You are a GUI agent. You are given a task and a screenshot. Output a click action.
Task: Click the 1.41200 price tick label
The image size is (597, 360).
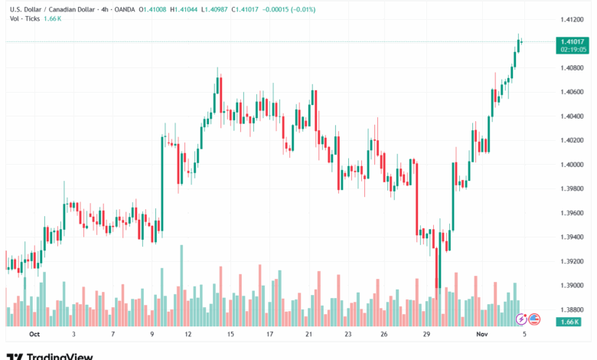(x=571, y=19)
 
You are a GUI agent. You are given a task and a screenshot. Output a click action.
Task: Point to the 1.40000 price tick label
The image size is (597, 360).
(x=571, y=165)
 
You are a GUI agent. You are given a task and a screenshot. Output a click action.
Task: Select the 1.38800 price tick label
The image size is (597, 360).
(x=571, y=309)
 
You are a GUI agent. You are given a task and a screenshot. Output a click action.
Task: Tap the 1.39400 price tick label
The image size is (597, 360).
(x=571, y=237)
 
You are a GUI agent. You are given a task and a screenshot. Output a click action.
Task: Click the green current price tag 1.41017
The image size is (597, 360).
(x=573, y=42)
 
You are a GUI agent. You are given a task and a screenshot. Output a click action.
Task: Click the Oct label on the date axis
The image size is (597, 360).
(x=34, y=335)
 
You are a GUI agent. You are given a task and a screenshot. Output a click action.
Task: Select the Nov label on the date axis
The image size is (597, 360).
(x=480, y=335)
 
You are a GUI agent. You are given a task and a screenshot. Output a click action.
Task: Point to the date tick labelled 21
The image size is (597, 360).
(x=308, y=335)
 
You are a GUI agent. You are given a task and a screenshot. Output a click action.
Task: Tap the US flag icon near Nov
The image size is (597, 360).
(x=534, y=319)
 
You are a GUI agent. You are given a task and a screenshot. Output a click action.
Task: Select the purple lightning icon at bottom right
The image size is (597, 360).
(x=522, y=319)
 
